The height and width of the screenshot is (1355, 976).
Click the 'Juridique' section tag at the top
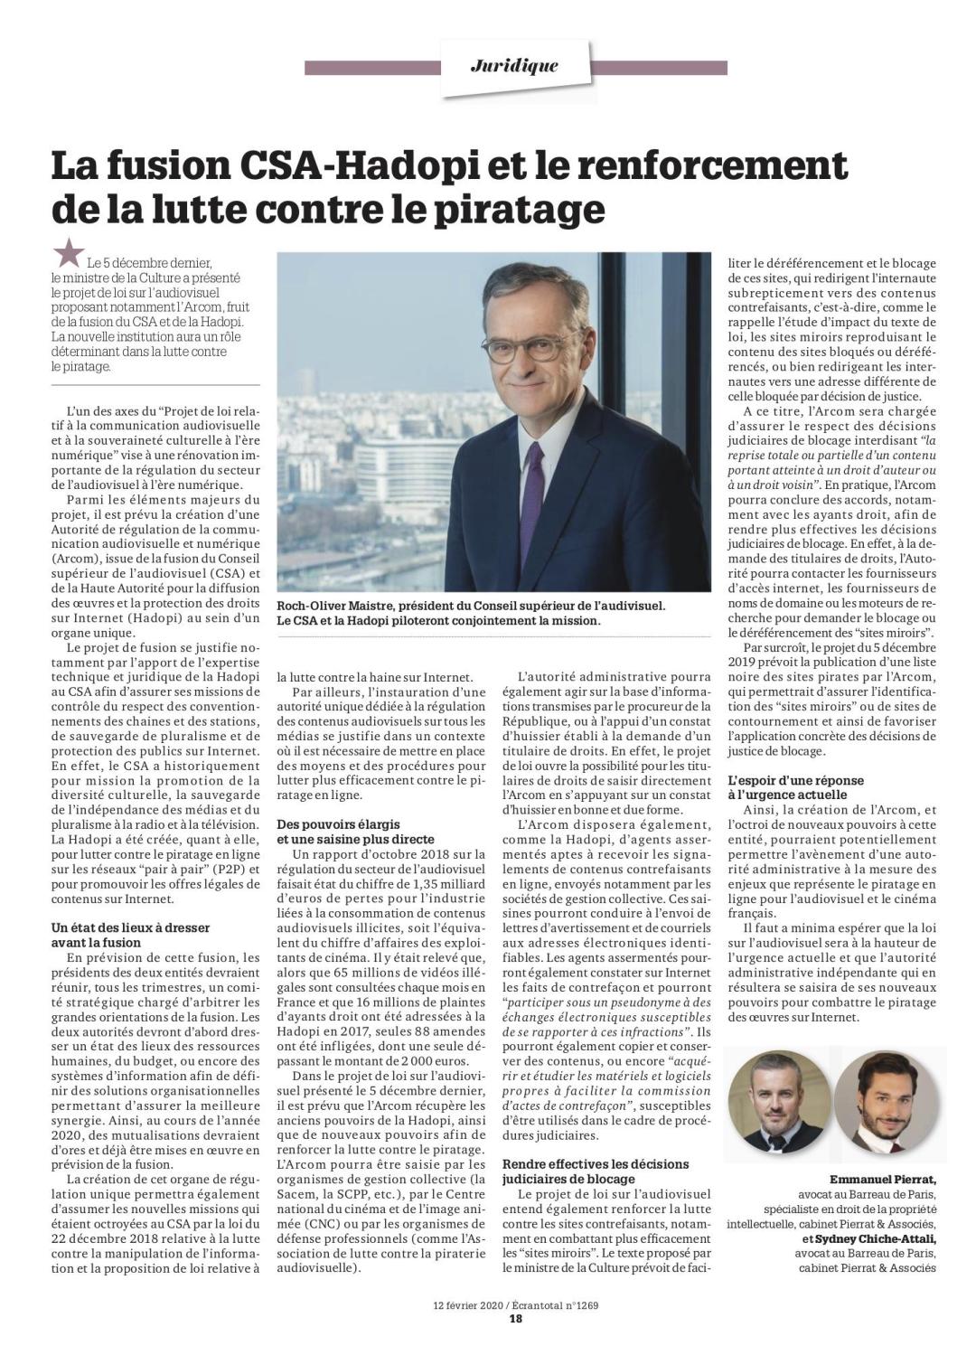point(514,66)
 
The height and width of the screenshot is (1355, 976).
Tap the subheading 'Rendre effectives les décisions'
point(596,1164)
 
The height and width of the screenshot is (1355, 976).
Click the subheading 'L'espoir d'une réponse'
point(796,780)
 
